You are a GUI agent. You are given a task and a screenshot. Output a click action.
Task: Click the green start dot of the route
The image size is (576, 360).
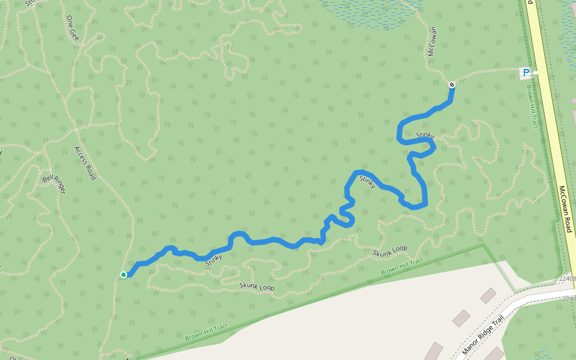pyautogui.click(x=123, y=275)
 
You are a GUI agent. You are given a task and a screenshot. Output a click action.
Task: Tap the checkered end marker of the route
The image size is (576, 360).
pyautogui.click(x=451, y=85)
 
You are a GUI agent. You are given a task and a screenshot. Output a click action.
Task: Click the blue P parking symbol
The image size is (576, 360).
pyautogui.click(x=526, y=73)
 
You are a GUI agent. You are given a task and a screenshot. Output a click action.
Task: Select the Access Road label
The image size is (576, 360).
pyautogui.click(x=85, y=163)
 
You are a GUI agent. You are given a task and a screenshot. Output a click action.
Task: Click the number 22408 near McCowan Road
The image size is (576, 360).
pyautogui.click(x=567, y=279)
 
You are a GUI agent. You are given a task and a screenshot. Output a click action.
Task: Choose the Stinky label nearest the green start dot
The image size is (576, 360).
pyautogui.click(x=214, y=260)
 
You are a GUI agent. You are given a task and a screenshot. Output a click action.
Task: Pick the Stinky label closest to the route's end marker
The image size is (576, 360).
pyautogui.click(x=424, y=137)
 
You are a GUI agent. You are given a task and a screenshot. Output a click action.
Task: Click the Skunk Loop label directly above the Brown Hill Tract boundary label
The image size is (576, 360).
pyautogui.click(x=389, y=251)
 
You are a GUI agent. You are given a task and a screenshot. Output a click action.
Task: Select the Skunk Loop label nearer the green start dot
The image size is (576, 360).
pyautogui.click(x=257, y=287)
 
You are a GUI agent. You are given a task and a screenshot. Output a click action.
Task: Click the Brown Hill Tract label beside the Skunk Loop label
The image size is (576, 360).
pyautogui.click(x=402, y=267)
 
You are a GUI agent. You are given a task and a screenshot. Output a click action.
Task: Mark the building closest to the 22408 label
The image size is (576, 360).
pyautogui.click(x=488, y=295)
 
